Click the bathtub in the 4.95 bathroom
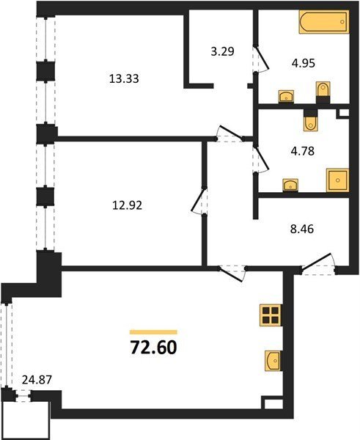click(324, 22)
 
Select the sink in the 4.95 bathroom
click(286, 96)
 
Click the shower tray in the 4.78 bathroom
click(338, 180)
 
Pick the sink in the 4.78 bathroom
click(290, 186)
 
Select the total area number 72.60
click(153, 348)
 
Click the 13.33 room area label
click(124, 78)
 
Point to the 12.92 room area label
click(128, 205)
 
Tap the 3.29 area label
click(222, 51)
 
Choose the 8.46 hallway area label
click(301, 229)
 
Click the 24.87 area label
click(37, 380)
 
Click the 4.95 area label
click(303, 63)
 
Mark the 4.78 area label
click(302, 151)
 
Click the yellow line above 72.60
click(153, 332)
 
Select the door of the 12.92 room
click(199, 201)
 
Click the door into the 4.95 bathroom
click(261, 59)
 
